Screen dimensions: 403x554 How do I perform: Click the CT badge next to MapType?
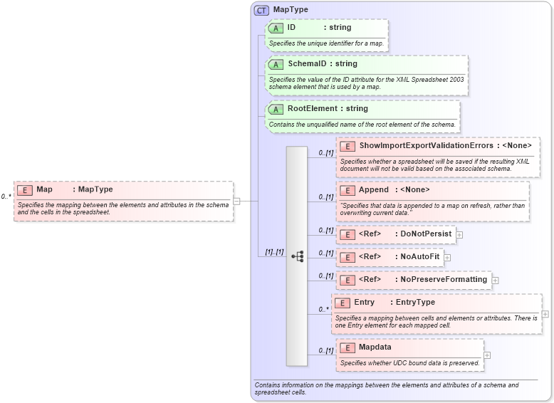click(x=262, y=11)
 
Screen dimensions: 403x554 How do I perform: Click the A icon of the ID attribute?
click(x=276, y=28)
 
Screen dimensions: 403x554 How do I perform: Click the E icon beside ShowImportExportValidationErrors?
click(x=347, y=146)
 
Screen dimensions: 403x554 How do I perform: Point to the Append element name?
click(x=373, y=190)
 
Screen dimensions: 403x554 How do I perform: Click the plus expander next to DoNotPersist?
click(x=459, y=234)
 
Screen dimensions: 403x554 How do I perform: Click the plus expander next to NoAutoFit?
click(x=447, y=257)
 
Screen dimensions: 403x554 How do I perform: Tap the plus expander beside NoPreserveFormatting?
click(x=495, y=280)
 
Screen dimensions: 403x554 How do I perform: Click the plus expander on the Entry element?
click(x=545, y=314)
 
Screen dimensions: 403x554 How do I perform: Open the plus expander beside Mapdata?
click(x=487, y=355)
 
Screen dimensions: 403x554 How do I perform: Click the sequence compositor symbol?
click(x=297, y=256)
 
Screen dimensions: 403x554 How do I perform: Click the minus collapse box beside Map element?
click(x=236, y=201)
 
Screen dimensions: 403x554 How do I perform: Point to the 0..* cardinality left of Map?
click(x=6, y=197)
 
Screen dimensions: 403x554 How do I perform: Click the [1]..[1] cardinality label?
click(x=274, y=252)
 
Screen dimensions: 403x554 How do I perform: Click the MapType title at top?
click(x=291, y=10)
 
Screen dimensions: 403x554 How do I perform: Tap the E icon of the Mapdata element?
click(x=347, y=347)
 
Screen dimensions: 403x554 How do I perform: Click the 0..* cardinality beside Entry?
click(x=323, y=310)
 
